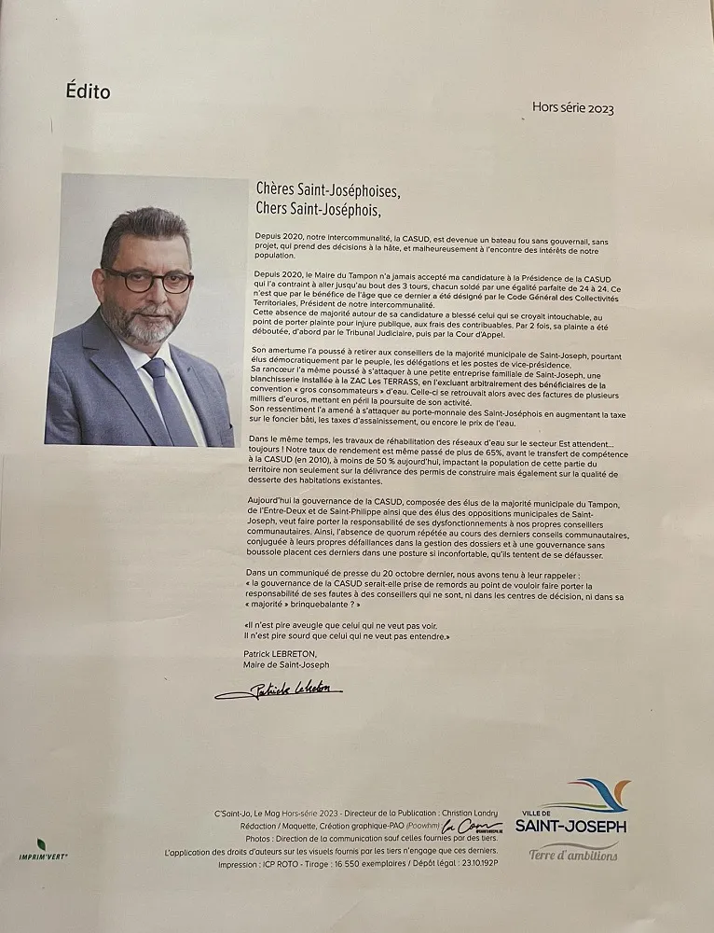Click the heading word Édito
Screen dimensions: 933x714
tap(88, 91)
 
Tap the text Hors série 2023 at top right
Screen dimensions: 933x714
tap(572, 108)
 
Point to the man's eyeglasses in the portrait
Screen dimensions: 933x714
tap(148, 279)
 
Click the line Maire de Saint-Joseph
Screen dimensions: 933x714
tap(285, 664)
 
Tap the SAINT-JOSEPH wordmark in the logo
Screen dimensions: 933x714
tap(570, 827)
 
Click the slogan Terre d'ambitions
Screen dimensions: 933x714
tap(573, 853)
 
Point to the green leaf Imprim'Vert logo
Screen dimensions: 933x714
tap(41, 844)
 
